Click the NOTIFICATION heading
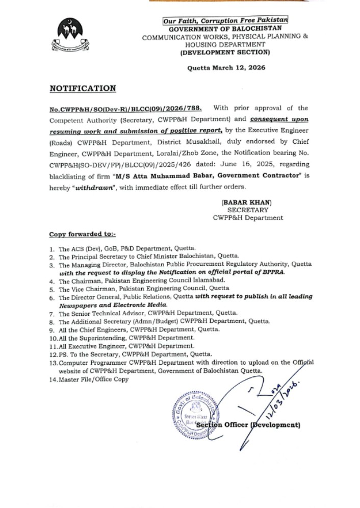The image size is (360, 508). (83, 88)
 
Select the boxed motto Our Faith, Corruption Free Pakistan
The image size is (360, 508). (225, 20)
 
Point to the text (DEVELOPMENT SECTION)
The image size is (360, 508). (225, 53)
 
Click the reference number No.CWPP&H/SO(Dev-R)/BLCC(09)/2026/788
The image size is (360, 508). (125, 108)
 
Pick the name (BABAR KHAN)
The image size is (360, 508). (247, 202)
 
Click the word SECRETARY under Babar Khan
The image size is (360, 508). (247, 210)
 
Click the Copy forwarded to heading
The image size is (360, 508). (82, 234)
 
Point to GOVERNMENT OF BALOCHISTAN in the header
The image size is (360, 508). (225, 29)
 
